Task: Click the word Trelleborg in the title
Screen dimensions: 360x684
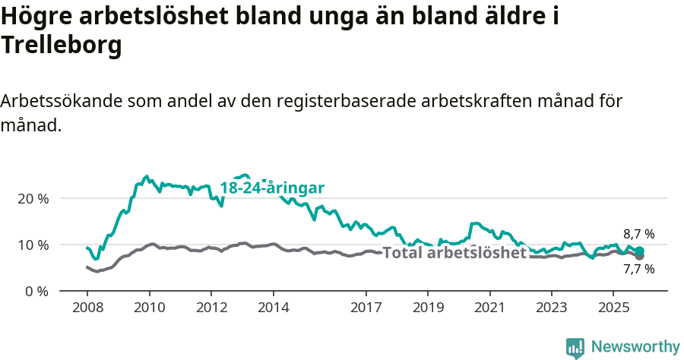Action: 62,46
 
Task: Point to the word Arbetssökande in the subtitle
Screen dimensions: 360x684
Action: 62,101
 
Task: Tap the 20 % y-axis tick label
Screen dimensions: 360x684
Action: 33,198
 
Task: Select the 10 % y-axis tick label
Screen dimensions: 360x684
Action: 33,245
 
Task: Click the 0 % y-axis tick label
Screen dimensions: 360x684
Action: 36,291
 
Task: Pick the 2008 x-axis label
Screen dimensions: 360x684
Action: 87,308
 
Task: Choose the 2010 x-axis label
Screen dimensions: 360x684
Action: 149,308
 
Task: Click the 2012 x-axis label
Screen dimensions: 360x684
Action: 211,308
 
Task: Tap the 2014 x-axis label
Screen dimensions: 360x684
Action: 273,308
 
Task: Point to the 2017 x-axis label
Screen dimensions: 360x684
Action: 366,308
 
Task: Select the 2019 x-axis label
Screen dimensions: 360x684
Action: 428,308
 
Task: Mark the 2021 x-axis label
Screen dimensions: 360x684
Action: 489,308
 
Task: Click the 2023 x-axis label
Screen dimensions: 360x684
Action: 552,308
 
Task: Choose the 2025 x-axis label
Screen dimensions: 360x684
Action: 613,308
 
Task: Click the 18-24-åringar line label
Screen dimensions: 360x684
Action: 272,188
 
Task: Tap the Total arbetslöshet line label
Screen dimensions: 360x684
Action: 454,253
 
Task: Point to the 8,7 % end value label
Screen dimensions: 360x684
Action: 638,234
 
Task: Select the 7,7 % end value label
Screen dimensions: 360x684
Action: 638,268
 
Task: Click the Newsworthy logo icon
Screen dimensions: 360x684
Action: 575,348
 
